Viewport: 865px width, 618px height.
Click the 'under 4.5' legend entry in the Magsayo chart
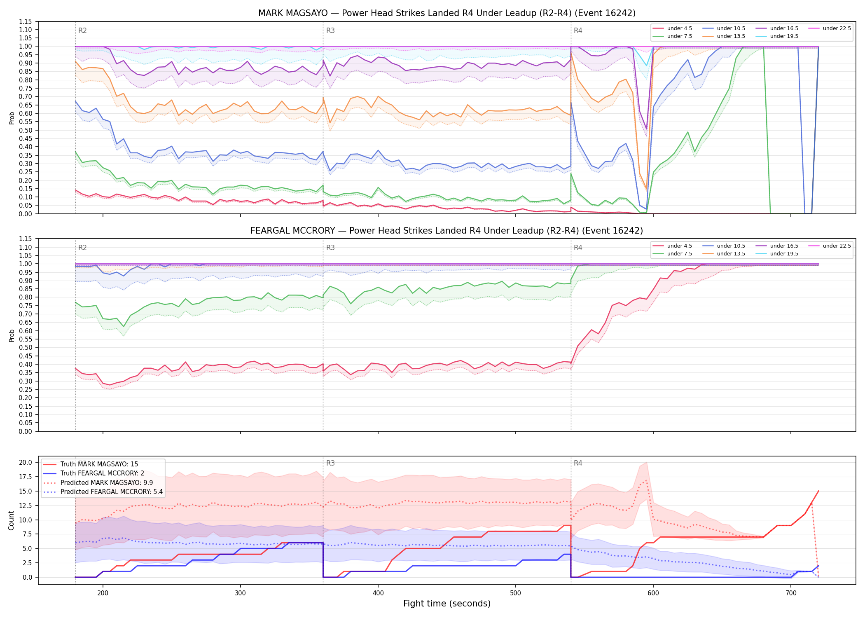[x=672, y=28]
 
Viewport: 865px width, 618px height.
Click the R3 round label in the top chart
[x=330, y=30]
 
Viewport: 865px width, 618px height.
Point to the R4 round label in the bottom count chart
[x=578, y=463]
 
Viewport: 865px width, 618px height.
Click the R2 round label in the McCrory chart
[x=82, y=248]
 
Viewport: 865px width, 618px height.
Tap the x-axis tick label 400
[x=378, y=593]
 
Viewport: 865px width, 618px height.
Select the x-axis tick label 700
[x=791, y=593]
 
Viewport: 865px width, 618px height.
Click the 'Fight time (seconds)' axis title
[x=447, y=604]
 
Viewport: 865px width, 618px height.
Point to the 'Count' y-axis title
[x=11, y=520]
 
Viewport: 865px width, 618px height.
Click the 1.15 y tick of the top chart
[x=26, y=21]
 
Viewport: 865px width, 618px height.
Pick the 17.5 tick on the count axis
[x=26, y=477]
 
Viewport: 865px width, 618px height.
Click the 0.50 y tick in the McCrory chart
[x=26, y=347]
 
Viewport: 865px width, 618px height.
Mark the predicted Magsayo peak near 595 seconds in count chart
[x=646, y=480]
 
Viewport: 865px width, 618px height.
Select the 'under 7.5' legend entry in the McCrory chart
[x=672, y=254]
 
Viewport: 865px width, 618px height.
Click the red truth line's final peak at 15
[x=818, y=491]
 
